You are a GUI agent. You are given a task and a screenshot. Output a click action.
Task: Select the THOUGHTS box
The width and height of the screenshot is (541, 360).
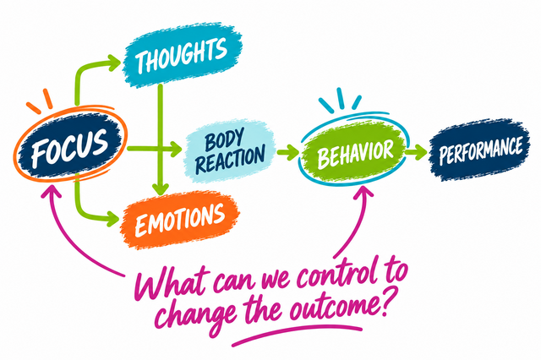[183, 54]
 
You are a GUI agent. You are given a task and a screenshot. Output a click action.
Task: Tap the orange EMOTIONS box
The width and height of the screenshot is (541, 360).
[179, 220]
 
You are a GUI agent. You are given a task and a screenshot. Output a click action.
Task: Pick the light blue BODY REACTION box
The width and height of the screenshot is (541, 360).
[230, 151]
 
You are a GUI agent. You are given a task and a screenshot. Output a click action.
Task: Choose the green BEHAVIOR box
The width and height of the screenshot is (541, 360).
[353, 151]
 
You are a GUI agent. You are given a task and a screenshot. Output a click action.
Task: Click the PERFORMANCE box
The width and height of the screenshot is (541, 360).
[480, 150]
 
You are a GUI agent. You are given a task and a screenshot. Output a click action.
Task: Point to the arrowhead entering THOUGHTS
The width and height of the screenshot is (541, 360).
[114, 63]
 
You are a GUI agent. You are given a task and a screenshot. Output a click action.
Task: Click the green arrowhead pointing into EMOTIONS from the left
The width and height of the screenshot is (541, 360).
[112, 218]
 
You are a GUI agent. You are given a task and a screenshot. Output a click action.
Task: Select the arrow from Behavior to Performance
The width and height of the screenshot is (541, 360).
[417, 151]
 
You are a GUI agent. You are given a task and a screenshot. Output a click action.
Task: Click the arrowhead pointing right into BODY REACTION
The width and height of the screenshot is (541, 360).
[175, 149]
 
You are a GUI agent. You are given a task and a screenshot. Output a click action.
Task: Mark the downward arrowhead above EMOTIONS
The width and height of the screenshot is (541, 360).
[160, 189]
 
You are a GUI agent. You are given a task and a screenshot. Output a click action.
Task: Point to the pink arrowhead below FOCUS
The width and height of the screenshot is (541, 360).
[51, 190]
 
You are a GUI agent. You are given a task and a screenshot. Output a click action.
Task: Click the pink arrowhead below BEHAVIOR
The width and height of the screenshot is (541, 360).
[363, 192]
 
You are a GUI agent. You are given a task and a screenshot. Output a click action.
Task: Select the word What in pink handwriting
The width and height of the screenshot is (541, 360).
[172, 282]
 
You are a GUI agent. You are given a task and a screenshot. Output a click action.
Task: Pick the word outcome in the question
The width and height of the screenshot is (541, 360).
[331, 307]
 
